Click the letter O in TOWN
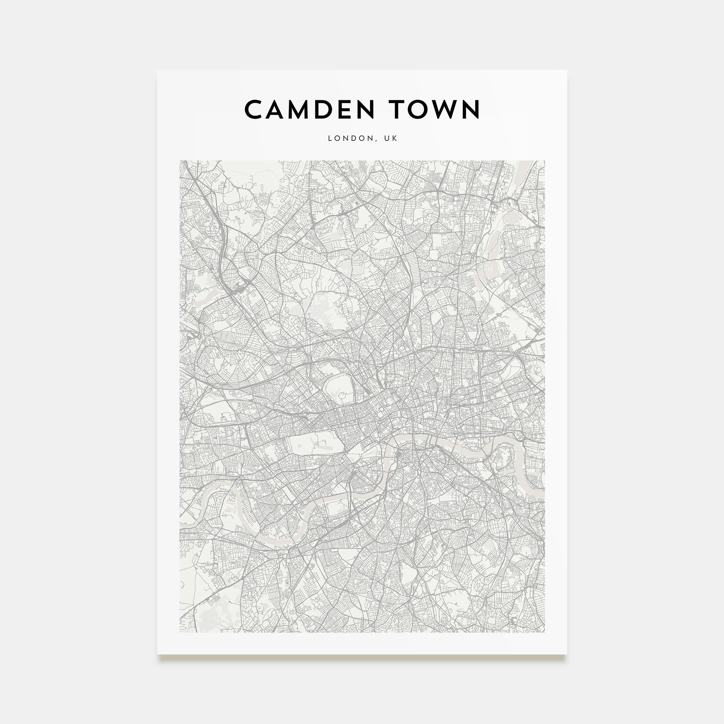coord(419,109)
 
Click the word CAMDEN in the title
coord(310,109)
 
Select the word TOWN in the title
coord(434,109)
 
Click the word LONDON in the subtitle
coord(351,138)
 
